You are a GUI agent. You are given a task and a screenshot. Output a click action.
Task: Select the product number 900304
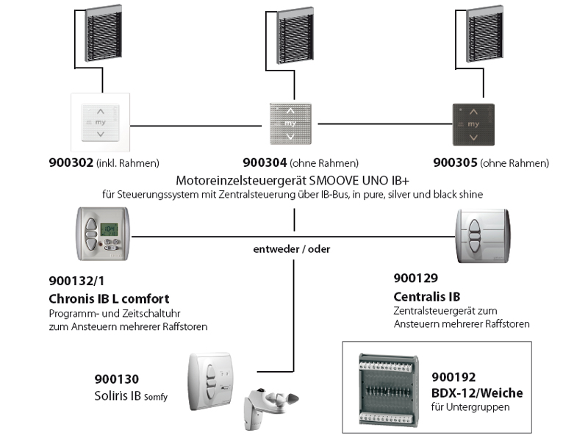265,162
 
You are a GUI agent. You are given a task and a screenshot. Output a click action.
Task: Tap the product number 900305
456,162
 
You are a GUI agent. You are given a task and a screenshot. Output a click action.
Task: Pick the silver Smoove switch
293,121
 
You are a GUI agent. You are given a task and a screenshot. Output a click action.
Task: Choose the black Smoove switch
473,122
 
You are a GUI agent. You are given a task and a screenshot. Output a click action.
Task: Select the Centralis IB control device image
482,234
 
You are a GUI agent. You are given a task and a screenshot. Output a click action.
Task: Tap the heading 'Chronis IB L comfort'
108,298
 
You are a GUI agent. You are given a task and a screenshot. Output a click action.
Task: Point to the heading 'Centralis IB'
427,296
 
